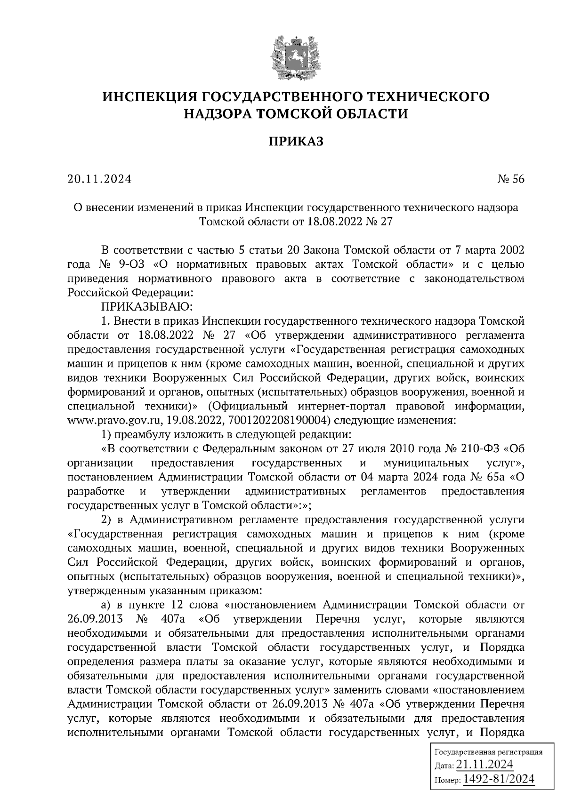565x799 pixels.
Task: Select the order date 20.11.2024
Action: pos(99,179)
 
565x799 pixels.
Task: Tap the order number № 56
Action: pos(510,179)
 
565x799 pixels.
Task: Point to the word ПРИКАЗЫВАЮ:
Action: pos(144,307)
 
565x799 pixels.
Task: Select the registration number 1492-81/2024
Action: pos(499,779)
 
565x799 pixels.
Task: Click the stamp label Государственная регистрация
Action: pos(488,751)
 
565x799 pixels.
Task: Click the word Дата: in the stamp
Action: pos(444,765)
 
